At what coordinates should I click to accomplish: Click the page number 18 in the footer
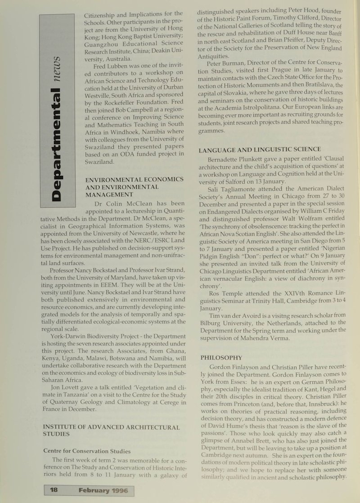(53, 491)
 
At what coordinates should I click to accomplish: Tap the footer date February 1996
(102, 491)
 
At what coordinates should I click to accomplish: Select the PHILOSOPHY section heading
(221, 357)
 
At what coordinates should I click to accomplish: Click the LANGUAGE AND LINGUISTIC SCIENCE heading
(260, 149)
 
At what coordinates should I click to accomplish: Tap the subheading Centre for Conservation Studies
(87, 451)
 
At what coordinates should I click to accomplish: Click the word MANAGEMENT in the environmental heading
(109, 194)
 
